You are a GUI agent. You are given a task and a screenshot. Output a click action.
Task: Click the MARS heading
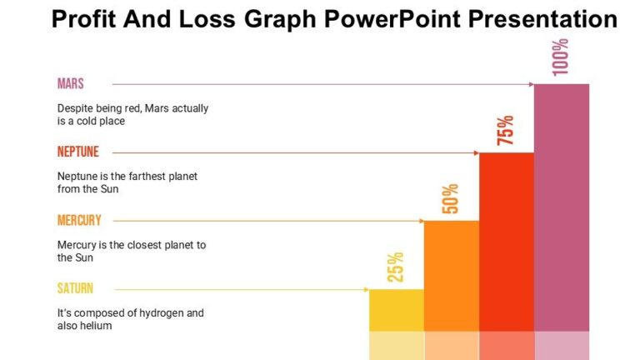point(71,83)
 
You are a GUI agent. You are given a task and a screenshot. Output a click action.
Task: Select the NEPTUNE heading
point(78,152)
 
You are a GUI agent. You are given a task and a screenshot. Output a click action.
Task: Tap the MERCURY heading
point(79,220)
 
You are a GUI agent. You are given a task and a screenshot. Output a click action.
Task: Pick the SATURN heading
point(75,288)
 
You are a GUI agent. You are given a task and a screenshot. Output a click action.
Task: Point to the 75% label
point(505,130)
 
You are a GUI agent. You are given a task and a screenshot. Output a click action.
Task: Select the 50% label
point(450,198)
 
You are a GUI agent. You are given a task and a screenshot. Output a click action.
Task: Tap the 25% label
point(395,267)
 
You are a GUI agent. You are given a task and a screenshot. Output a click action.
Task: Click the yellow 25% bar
point(396,310)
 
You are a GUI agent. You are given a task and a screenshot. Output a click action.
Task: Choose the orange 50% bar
point(451,275)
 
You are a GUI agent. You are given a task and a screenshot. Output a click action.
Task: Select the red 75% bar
point(506,242)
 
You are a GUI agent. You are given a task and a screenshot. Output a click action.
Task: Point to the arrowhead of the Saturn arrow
point(366,289)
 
